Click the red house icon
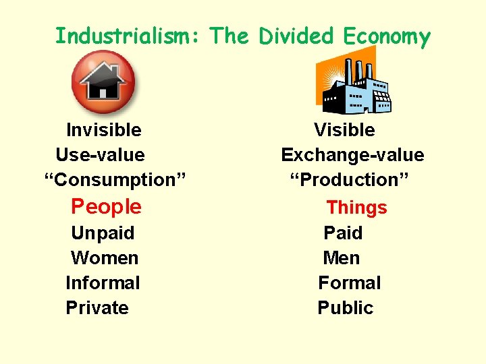point(103,82)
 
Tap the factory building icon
point(354,84)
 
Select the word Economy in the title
point(386,37)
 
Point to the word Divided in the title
point(294,36)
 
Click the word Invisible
point(104,129)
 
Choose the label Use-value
point(100,155)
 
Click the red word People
point(107,206)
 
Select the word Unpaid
point(103,233)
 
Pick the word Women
point(105,258)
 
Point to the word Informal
point(103,283)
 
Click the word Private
point(97,308)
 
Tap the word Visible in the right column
point(344,129)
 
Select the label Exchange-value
point(352,155)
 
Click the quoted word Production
point(350,180)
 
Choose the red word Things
point(357,208)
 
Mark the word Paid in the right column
point(343,233)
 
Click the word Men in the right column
point(342,258)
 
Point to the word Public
point(345,308)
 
